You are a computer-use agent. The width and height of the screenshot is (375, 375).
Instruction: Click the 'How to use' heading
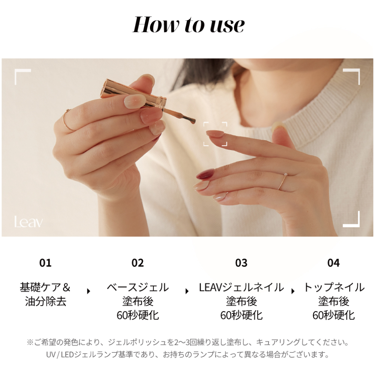pos(189,24)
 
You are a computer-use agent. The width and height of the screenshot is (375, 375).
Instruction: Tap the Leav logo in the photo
pos(28,222)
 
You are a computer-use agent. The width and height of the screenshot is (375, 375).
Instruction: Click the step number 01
pos(45,263)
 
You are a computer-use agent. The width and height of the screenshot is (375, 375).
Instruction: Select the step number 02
pos(138,263)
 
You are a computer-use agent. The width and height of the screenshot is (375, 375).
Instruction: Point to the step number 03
pos(241,263)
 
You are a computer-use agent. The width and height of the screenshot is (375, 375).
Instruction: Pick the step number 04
pos(333,263)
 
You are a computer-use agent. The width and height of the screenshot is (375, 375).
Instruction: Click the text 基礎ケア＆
pos(45,287)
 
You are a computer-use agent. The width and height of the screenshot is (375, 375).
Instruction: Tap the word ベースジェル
pos(138,287)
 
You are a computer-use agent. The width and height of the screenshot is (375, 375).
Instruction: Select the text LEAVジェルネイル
pos(241,287)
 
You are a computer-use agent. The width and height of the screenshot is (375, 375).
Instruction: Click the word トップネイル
pos(334,287)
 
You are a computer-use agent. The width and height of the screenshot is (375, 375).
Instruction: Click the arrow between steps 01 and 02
pos(88,291)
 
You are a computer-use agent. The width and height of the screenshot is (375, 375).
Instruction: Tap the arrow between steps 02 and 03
pos(187,291)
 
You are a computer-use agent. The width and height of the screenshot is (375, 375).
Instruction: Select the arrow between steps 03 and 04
pos(293,291)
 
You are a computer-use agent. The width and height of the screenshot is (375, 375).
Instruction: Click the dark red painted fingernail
pos(205,174)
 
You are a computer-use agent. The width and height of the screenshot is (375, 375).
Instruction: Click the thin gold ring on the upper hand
pos(68,120)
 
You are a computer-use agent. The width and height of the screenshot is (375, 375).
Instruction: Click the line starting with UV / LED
pos(187,354)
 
